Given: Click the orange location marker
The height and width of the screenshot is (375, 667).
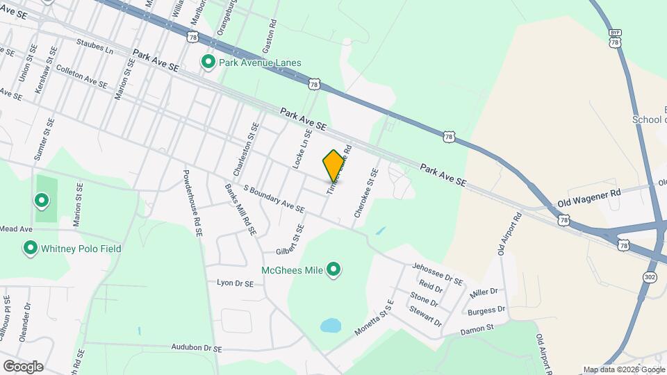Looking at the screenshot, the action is pyautogui.click(x=334, y=165).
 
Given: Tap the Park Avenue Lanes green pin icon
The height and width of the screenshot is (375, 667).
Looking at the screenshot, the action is pyautogui.click(x=208, y=62).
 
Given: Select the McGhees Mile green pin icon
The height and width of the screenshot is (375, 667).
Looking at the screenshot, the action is pyautogui.click(x=333, y=269).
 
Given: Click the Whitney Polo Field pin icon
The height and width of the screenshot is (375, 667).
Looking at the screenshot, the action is pyautogui.click(x=30, y=248).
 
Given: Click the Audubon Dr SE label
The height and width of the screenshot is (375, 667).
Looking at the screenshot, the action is pyautogui.click(x=197, y=348).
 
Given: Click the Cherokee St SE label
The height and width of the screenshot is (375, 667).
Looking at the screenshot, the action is pyautogui.click(x=365, y=194).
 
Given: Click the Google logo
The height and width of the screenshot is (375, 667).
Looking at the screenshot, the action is pyautogui.click(x=23, y=366).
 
